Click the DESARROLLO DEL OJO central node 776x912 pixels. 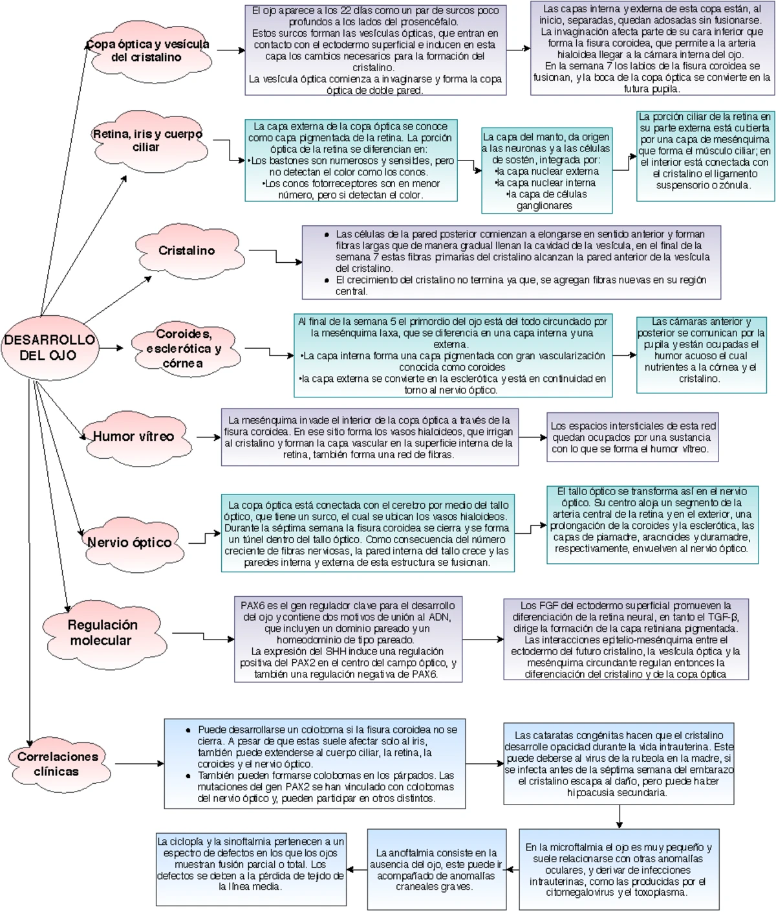(x=49, y=348)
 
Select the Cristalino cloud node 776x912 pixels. (x=186, y=250)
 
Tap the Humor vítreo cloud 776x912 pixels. (x=134, y=437)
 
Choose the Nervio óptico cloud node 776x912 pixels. (x=130, y=543)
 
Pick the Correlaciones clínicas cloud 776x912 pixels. (x=58, y=764)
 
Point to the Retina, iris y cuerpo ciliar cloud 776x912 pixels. (x=147, y=140)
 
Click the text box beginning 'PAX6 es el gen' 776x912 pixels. (x=348, y=640)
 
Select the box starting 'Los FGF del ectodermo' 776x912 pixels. (x=625, y=640)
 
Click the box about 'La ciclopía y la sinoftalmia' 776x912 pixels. (x=250, y=869)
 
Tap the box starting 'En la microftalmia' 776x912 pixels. (x=618, y=869)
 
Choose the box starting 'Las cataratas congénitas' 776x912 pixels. (x=619, y=764)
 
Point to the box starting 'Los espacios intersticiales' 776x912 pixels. (x=632, y=438)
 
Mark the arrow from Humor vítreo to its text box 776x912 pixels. (x=208, y=438)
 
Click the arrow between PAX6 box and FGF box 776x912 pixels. (x=482, y=640)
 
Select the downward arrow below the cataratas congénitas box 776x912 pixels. (x=620, y=817)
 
